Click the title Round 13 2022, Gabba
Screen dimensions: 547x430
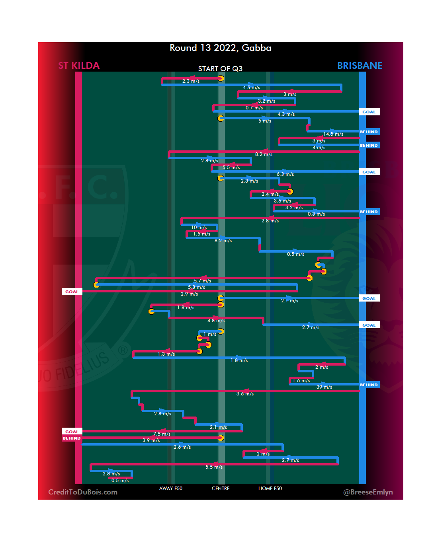pos(220,48)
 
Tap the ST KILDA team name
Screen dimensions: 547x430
pos(79,66)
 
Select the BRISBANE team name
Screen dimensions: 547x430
pos(360,66)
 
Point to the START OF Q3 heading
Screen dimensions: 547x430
pos(220,69)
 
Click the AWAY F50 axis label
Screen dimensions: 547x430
pos(171,489)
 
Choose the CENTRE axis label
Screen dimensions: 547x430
pos(221,489)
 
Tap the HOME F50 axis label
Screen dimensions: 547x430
pos(270,489)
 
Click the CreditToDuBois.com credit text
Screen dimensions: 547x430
pos(83,492)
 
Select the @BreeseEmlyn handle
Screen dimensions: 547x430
pos(368,492)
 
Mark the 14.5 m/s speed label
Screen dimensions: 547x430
pos(333,134)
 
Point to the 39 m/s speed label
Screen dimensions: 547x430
pos(324,387)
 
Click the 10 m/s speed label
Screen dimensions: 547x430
pos(199,228)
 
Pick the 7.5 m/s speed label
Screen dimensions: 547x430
pos(162,434)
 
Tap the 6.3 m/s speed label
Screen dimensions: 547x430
pos(285,174)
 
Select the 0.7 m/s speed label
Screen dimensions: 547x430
pos(254,108)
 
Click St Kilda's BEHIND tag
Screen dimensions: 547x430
pos(72,438)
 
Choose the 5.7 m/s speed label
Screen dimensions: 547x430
pos(202,281)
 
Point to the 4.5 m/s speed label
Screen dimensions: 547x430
pos(252,88)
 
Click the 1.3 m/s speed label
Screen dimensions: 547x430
pos(166,354)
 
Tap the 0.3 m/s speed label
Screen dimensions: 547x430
pos(316,214)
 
